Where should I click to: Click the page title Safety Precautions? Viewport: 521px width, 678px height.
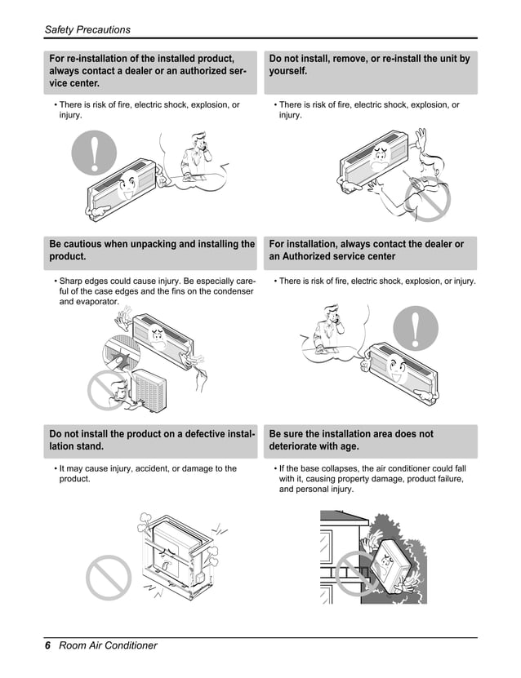[x=87, y=29]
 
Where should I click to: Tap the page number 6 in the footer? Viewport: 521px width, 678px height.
[x=48, y=645]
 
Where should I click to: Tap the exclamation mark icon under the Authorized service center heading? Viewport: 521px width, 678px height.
[x=416, y=330]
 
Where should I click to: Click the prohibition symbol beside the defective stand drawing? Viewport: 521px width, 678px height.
[x=108, y=577]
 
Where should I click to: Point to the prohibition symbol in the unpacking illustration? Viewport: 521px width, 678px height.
[x=109, y=390]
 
